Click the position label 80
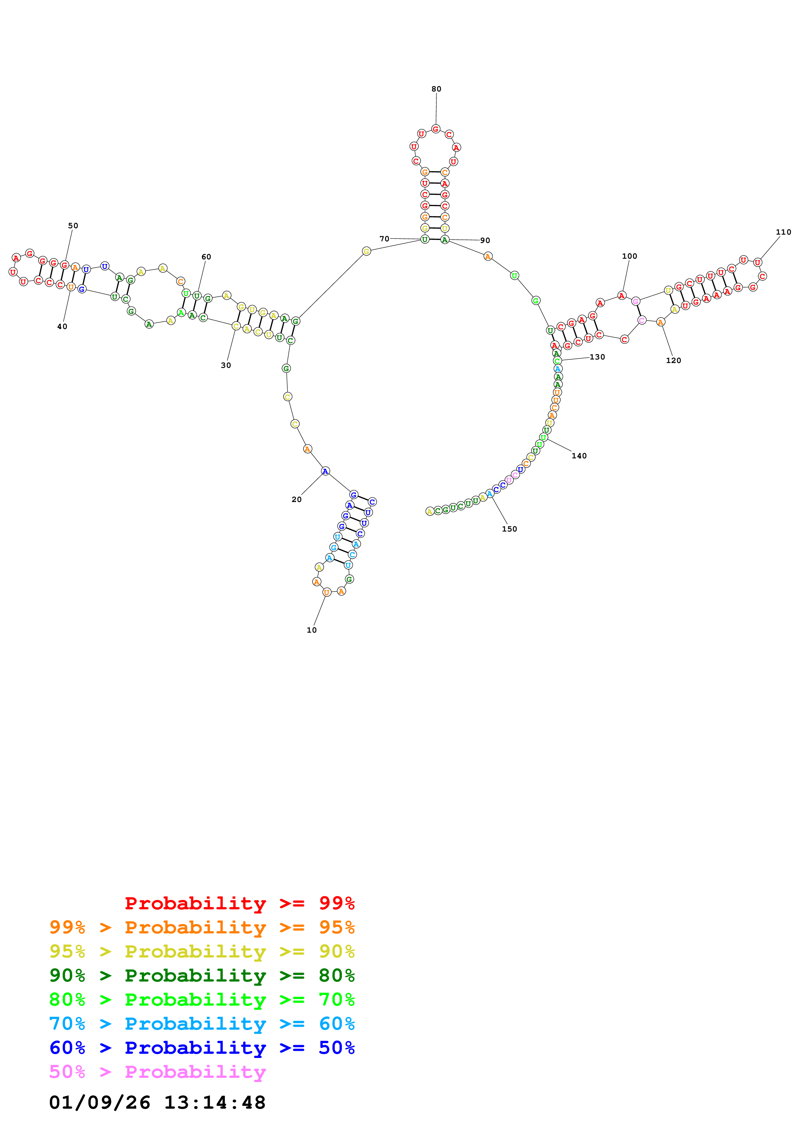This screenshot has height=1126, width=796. click(436, 89)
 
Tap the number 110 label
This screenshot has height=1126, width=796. click(783, 232)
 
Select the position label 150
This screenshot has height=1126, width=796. click(509, 529)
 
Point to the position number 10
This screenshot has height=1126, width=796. click(311, 630)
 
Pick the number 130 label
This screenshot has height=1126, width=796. click(597, 357)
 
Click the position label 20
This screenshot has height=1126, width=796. click(296, 499)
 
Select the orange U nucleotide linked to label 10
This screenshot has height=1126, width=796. click(327, 592)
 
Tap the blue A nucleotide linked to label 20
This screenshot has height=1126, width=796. click(325, 471)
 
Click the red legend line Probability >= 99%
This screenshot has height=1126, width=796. click(239, 903)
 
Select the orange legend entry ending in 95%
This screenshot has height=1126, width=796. click(202, 927)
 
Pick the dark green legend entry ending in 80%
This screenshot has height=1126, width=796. click(202, 975)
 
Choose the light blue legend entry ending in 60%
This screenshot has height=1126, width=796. click(202, 1024)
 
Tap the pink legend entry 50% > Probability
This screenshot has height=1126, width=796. click(157, 1071)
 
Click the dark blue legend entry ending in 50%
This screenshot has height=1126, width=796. click(202, 1048)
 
